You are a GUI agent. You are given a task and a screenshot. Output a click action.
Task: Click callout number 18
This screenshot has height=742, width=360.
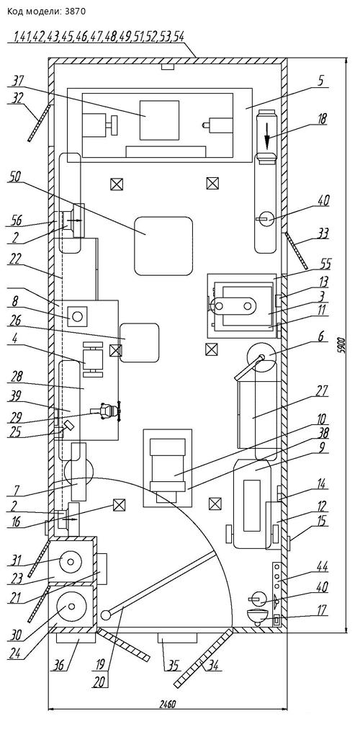pyautogui.click(x=323, y=117)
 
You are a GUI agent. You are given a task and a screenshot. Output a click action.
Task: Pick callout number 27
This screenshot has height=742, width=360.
pyautogui.click(x=323, y=391)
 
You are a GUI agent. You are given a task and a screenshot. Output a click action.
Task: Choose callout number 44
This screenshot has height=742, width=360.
pyautogui.click(x=323, y=566)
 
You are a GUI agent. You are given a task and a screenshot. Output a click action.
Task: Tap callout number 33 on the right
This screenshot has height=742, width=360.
pyautogui.click(x=323, y=234)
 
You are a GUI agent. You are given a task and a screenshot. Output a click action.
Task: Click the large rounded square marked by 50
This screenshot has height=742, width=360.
pyautogui.click(x=163, y=246)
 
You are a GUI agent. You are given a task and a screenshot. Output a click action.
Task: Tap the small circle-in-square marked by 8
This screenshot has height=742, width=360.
pyautogui.click(x=78, y=316)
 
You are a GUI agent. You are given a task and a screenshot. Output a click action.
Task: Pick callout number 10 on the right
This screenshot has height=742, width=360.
pyautogui.click(x=323, y=419)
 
